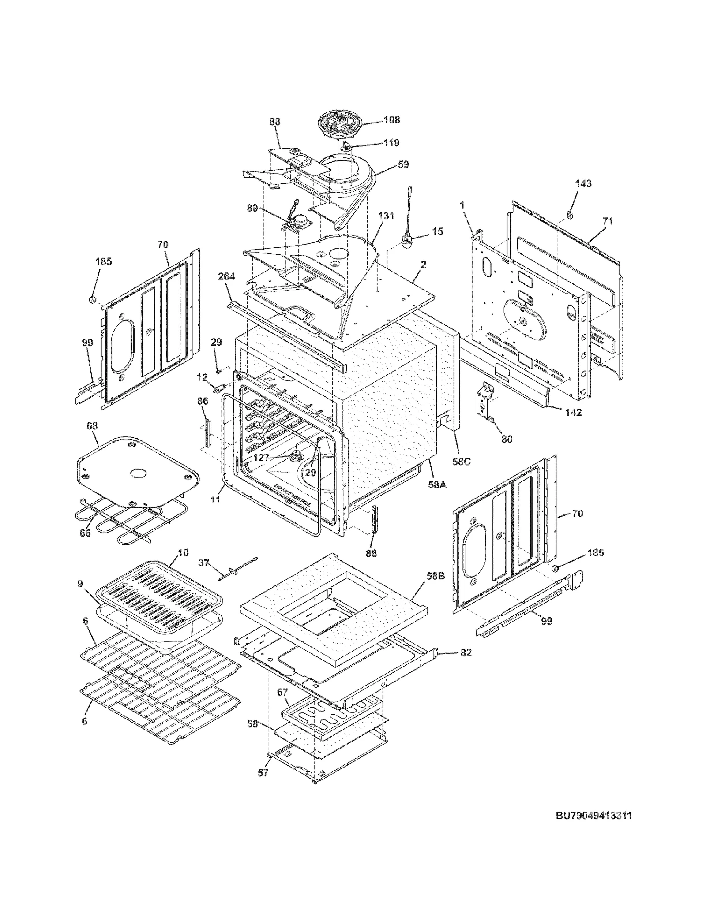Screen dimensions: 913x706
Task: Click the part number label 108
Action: coord(391,119)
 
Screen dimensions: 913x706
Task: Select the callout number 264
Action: coord(226,276)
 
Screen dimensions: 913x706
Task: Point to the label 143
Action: coord(583,183)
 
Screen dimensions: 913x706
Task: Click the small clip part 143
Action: coord(569,214)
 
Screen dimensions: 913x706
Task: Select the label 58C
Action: coord(462,461)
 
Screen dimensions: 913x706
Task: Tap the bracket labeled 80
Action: coord(485,401)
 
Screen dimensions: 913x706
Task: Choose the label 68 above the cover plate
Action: coord(92,426)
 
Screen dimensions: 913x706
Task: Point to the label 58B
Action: coord(435,576)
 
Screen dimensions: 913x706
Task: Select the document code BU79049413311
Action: coord(593,816)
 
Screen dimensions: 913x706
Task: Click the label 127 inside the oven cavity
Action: coord(261,458)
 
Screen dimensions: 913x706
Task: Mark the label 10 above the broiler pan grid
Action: coord(183,552)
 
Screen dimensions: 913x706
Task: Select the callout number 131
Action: coord(386,216)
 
